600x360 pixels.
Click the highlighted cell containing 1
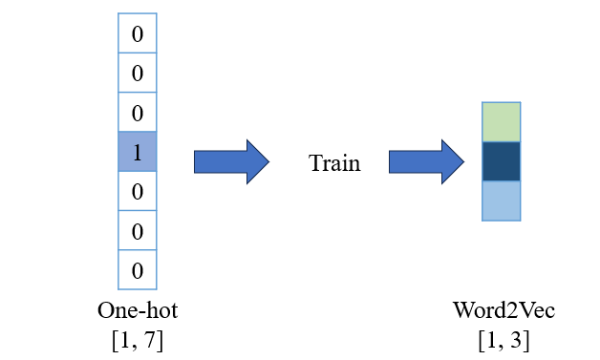(x=138, y=152)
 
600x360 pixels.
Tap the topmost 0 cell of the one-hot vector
(x=138, y=33)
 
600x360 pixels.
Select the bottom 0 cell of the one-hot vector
(x=138, y=269)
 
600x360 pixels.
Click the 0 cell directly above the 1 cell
(x=138, y=112)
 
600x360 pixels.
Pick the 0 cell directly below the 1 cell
(x=138, y=191)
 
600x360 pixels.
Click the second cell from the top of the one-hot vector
(x=138, y=73)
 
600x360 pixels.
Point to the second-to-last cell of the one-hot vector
(x=138, y=230)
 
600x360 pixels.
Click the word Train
(x=334, y=163)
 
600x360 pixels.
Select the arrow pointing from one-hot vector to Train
(x=231, y=161)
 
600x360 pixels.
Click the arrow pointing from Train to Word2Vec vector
(x=427, y=161)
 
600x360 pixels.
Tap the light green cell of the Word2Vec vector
(x=502, y=122)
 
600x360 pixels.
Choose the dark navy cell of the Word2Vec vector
(x=502, y=161)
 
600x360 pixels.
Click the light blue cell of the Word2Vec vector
(x=502, y=201)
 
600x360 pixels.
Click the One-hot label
(x=138, y=310)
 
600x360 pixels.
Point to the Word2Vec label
(x=504, y=310)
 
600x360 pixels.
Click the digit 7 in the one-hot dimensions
(x=148, y=340)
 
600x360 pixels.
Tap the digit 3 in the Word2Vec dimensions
(x=515, y=340)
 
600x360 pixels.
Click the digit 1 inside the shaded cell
(x=138, y=153)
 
